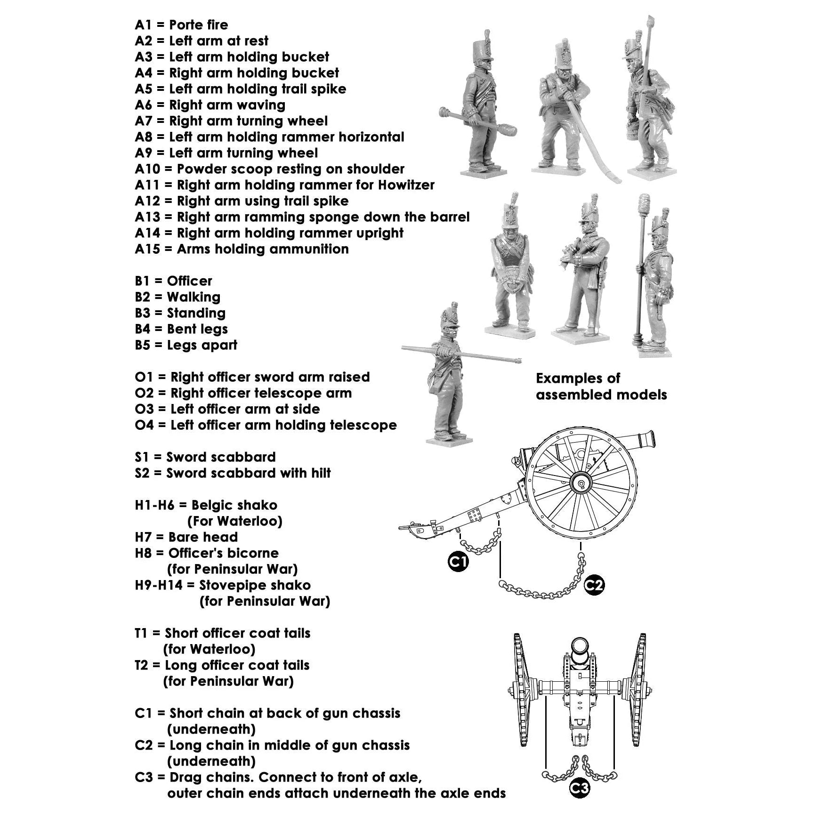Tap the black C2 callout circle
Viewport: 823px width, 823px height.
click(594, 585)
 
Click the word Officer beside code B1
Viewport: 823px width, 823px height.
click(189, 281)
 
